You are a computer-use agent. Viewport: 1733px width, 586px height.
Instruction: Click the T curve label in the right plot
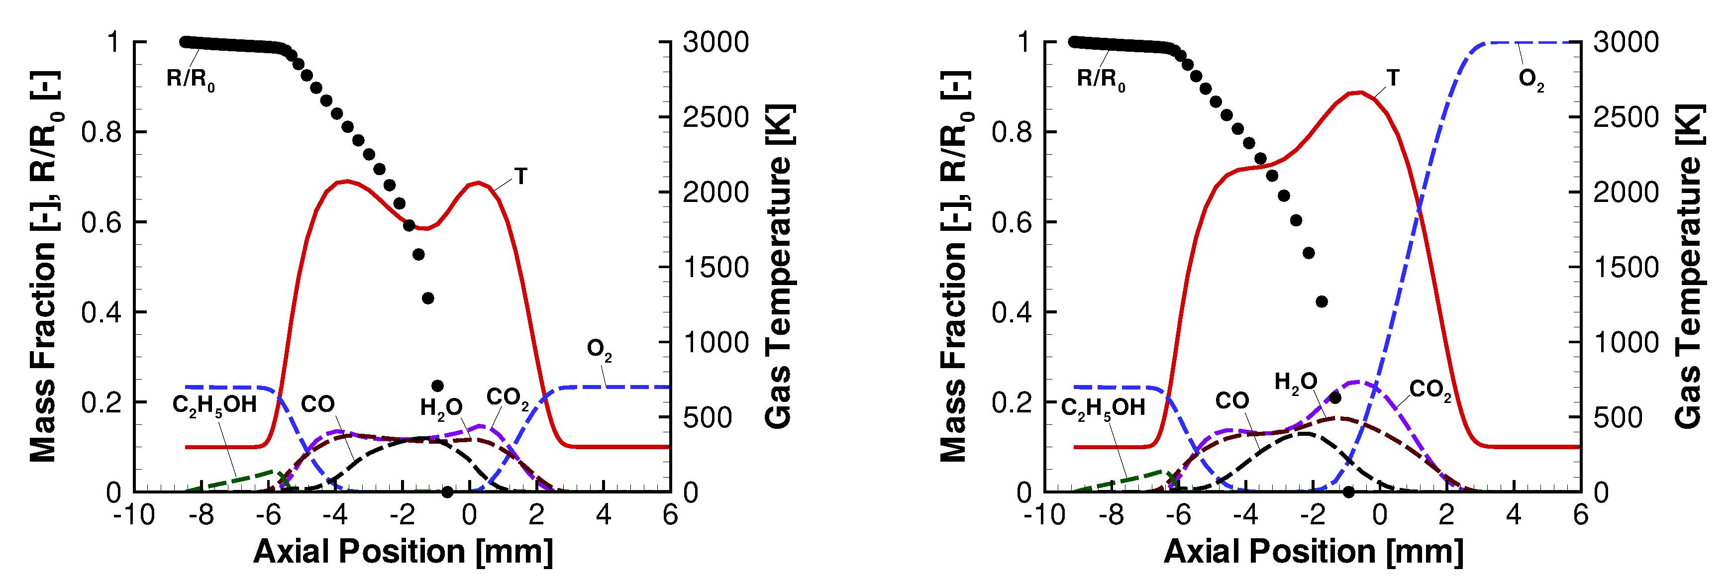[1393, 78]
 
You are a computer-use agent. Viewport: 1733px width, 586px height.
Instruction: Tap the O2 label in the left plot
[599, 350]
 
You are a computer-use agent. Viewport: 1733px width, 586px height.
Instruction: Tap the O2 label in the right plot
[1531, 80]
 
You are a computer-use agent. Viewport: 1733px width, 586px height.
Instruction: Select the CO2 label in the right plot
[1429, 390]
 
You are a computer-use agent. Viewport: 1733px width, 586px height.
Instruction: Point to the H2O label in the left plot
[441, 408]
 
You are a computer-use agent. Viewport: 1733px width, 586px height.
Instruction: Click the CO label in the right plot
[1232, 401]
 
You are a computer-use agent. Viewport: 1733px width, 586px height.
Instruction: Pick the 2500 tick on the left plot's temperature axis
[715, 117]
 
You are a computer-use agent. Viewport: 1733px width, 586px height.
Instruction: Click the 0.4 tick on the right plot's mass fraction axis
[1011, 312]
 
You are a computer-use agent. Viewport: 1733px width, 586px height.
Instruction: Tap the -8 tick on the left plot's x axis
[201, 515]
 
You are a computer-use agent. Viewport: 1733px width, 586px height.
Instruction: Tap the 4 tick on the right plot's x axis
[1514, 515]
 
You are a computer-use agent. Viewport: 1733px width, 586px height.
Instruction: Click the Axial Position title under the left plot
[403, 552]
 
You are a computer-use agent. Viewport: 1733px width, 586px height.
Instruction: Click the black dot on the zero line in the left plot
[447, 492]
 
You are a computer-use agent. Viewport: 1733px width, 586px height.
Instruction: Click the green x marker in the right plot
[1173, 479]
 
